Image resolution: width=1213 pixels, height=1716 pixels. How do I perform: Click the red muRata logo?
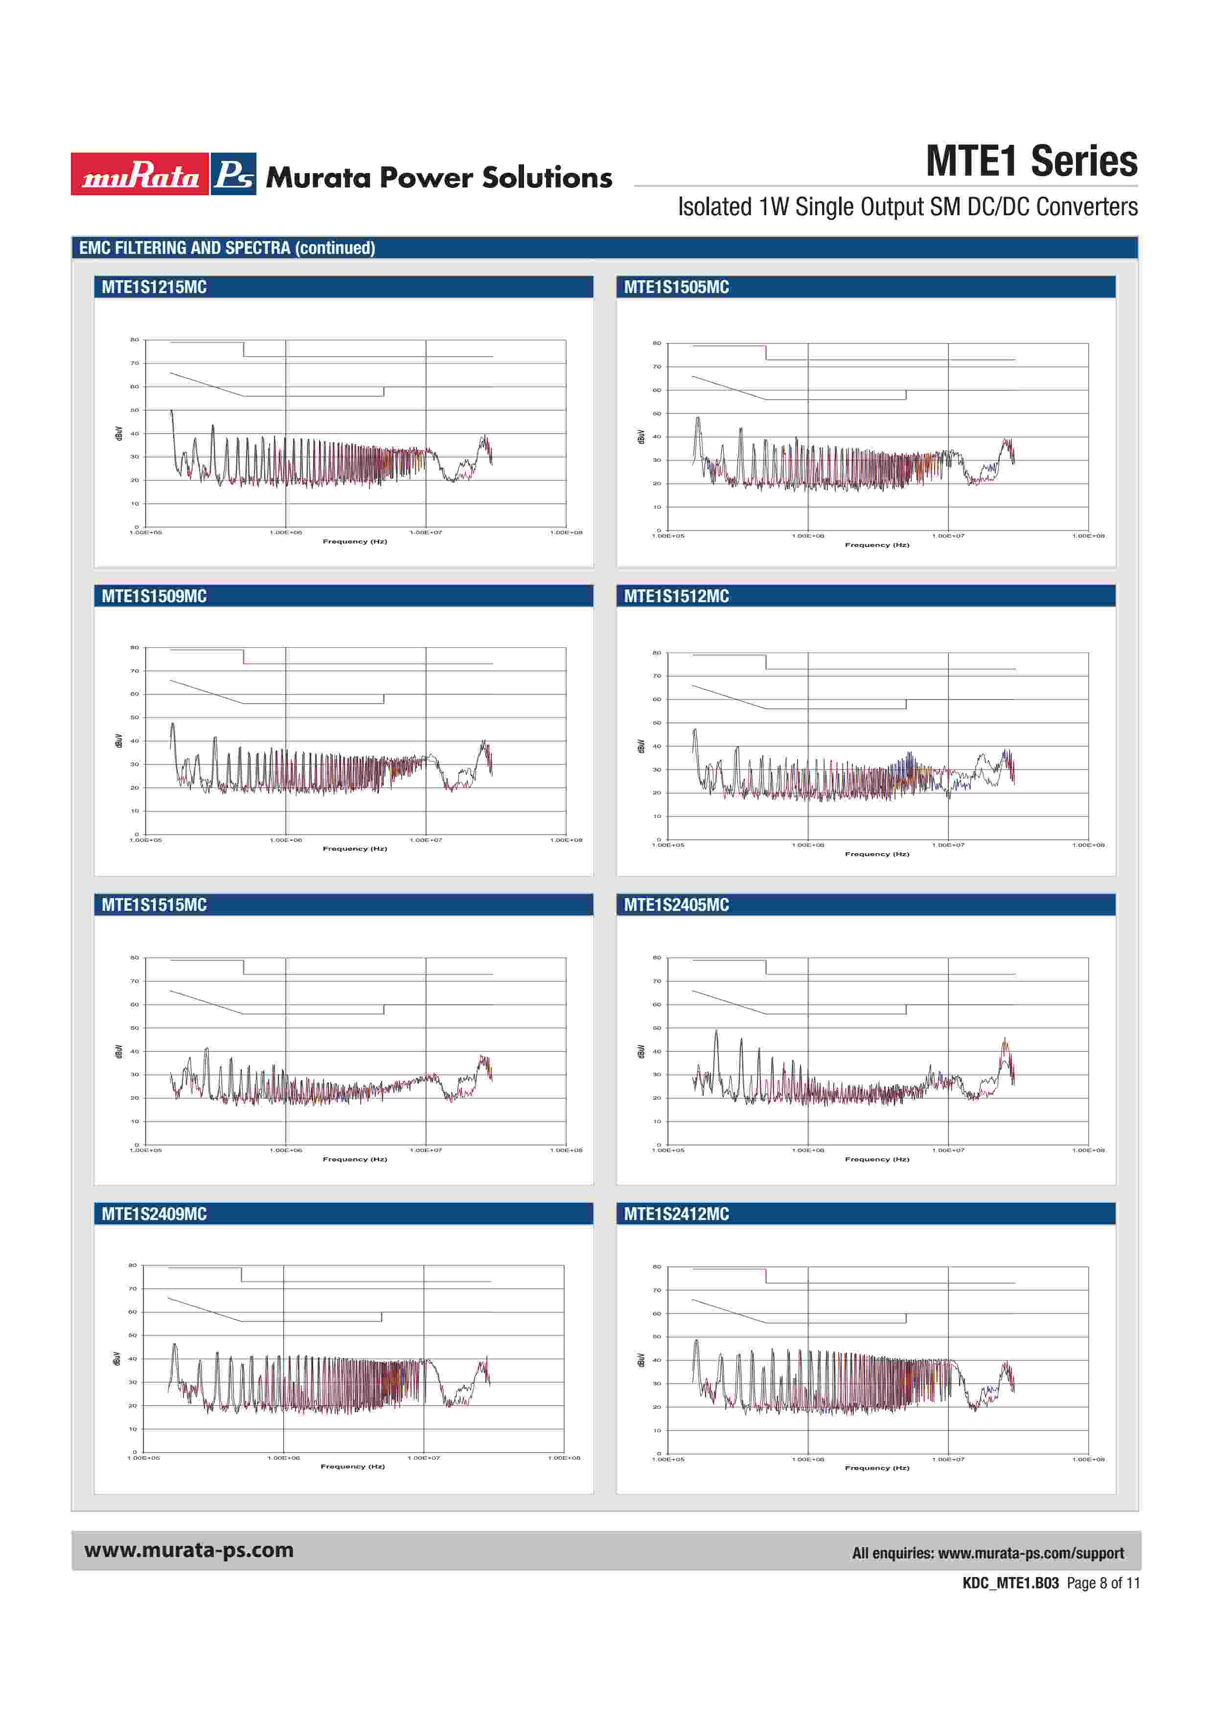point(140,174)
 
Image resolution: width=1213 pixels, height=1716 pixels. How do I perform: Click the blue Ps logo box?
point(233,174)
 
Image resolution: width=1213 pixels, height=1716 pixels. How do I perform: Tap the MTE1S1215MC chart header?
point(154,287)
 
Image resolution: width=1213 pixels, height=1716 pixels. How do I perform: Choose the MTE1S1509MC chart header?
point(154,596)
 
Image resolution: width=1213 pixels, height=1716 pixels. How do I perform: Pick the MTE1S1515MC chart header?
point(154,904)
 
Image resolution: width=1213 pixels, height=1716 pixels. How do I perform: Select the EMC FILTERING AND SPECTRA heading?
point(227,248)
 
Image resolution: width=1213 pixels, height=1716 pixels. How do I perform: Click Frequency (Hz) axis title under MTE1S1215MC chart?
point(355,541)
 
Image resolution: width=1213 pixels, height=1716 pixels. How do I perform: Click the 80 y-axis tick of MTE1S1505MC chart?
point(657,343)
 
